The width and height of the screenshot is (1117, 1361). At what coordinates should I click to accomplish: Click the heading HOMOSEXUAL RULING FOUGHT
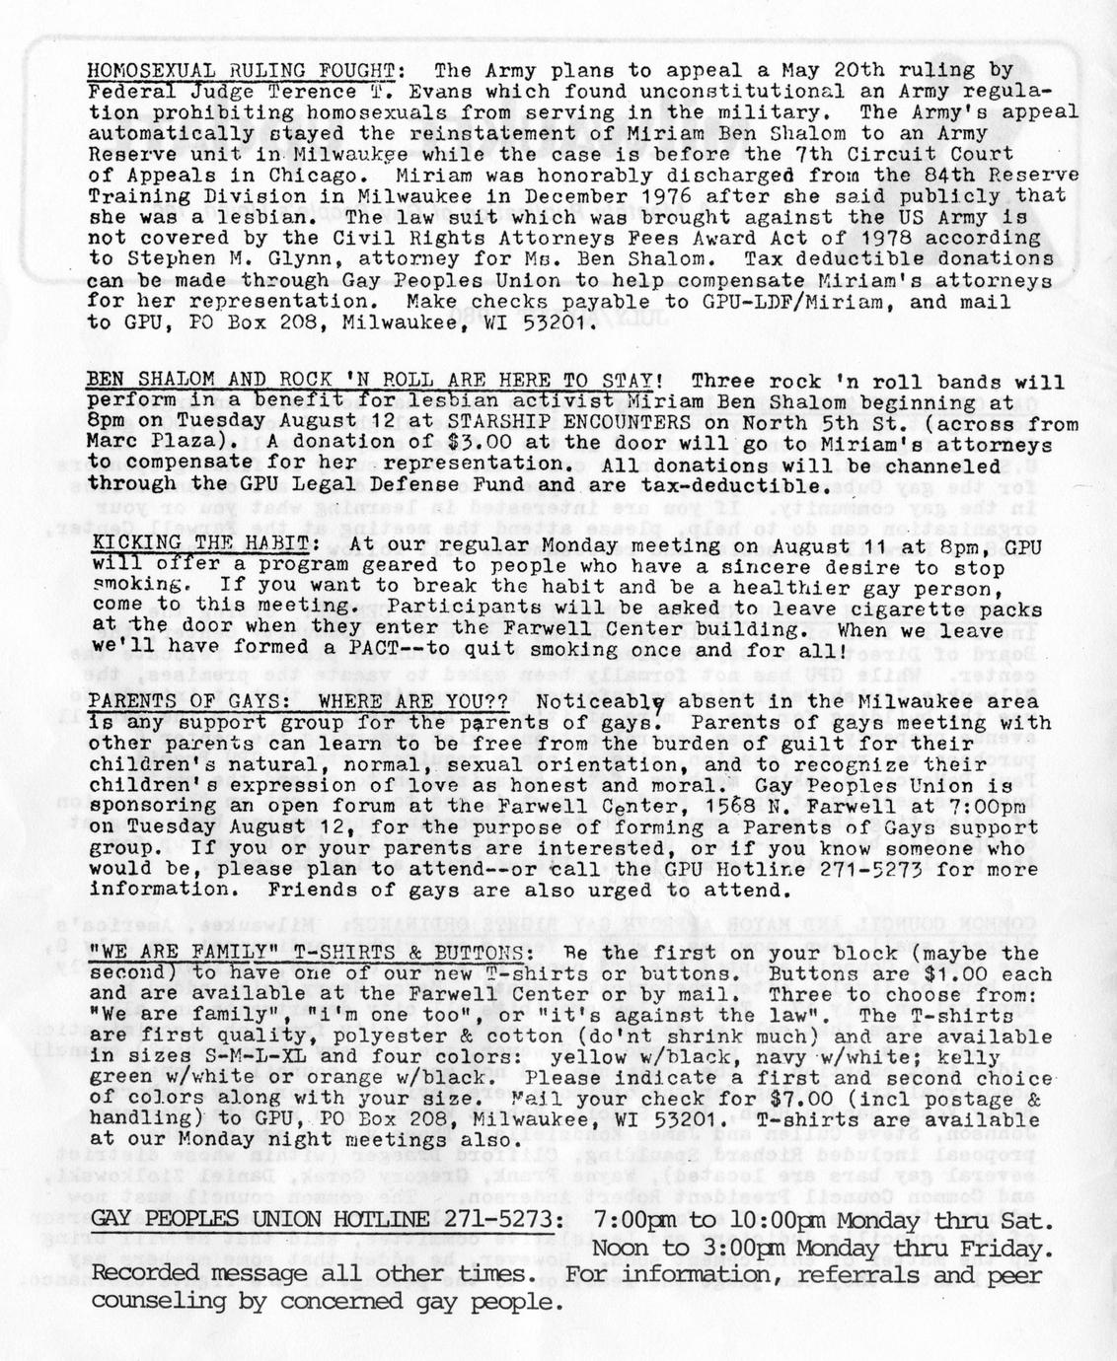click(x=242, y=70)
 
